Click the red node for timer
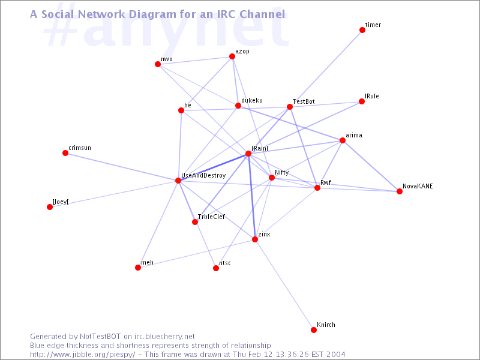click(x=362, y=30)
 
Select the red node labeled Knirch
click(x=313, y=330)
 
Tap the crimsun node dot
click(x=65, y=153)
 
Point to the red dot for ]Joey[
click(x=50, y=207)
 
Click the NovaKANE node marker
click(x=400, y=191)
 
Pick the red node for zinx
click(x=254, y=239)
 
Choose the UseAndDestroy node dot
click(x=178, y=181)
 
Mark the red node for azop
click(x=232, y=56)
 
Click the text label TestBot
click(x=304, y=101)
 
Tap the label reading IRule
click(x=371, y=96)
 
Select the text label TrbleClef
click(x=211, y=217)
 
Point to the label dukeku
click(x=252, y=100)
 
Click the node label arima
click(x=354, y=136)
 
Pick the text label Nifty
click(x=281, y=173)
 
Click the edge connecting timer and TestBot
click(x=326, y=68)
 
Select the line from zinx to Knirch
click(x=284, y=284)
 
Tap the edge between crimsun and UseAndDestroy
click(x=122, y=167)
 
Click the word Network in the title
click(x=102, y=14)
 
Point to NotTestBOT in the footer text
click(x=100, y=337)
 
